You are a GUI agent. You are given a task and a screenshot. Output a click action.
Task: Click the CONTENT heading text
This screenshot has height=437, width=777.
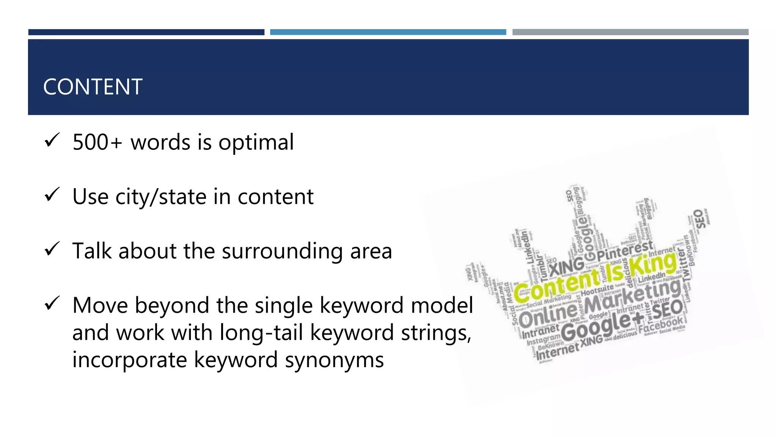(93, 87)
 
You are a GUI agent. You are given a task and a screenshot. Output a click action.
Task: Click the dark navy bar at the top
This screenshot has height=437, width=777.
(146, 32)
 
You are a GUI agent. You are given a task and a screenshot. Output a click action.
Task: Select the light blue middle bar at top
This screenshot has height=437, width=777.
(388, 32)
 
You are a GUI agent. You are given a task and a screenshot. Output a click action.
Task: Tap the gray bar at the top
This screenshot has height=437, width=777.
(630, 32)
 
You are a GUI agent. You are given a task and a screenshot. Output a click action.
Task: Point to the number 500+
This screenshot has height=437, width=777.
(97, 142)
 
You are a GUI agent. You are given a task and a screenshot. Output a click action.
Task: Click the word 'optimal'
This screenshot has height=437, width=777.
(256, 143)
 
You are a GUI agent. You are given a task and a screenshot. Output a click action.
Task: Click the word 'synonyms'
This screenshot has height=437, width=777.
(334, 360)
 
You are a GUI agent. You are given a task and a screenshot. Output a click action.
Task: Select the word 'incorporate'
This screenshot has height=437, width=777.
(129, 360)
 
